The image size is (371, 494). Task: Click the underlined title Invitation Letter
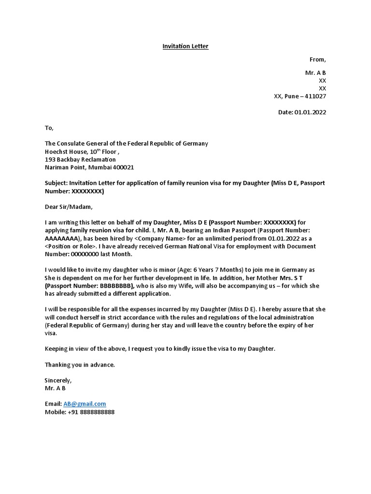click(185, 46)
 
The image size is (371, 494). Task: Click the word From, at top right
click(317, 60)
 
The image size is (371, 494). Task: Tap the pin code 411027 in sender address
click(314, 96)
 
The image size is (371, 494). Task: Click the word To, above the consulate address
click(49, 128)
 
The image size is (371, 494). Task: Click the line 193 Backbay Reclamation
click(80, 159)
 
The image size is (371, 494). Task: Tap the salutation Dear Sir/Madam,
click(68, 207)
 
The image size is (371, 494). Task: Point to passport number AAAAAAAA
click(62, 238)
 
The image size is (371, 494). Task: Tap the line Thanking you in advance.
click(80, 365)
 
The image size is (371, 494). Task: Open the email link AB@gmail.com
click(85, 404)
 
